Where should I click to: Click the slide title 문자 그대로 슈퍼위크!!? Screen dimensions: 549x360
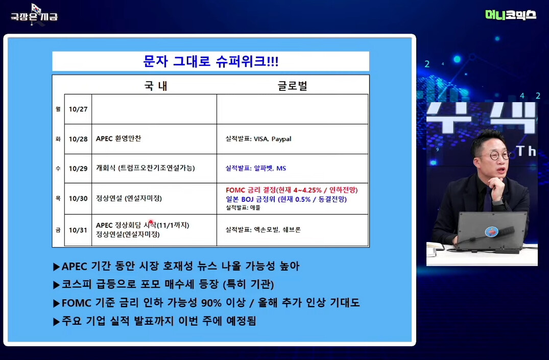pyautogui.click(x=211, y=61)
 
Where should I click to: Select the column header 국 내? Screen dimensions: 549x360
pyautogui.click(x=156, y=86)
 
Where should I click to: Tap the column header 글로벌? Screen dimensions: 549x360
pyautogui.click(x=292, y=86)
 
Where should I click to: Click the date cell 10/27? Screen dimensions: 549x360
pyautogui.click(x=78, y=109)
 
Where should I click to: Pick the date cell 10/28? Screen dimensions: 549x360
pyautogui.click(x=78, y=139)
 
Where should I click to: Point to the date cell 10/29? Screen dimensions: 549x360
pyautogui.click(x=78, y=169)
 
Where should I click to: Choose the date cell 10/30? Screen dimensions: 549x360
pyautogui.click(x=78, y=199)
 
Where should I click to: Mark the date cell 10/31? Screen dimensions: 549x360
pyautogui.click(x=78, y=230)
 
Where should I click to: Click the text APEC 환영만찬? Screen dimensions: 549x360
pyautogui.click(x=118, y=138)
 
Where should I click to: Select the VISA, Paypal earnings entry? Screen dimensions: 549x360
pyautogui.click(x=258, y=139)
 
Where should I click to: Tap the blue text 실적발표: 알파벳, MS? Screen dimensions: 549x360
pyautogui.click(x=255, y=168)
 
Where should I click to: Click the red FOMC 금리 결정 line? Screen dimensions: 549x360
pyautogui.click(x=292, y=190)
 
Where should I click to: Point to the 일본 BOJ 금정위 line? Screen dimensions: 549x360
pyautogui.click(x=286, y=199)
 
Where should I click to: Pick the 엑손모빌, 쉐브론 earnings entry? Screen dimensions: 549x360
pyautogui.click(x=263, y=230)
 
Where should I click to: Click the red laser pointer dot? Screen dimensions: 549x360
pyautogui.click(x=151, y=222)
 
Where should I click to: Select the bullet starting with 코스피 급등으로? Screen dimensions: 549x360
pyautogui.click(x=163, y=284)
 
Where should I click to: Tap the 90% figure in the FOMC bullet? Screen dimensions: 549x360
pyautogui.click(x=211, y=303)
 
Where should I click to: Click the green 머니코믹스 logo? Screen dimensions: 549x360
pyautogui.click(x=511, y=15)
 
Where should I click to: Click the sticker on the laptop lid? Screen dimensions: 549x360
pyautogui.click(x=492, y=231)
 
